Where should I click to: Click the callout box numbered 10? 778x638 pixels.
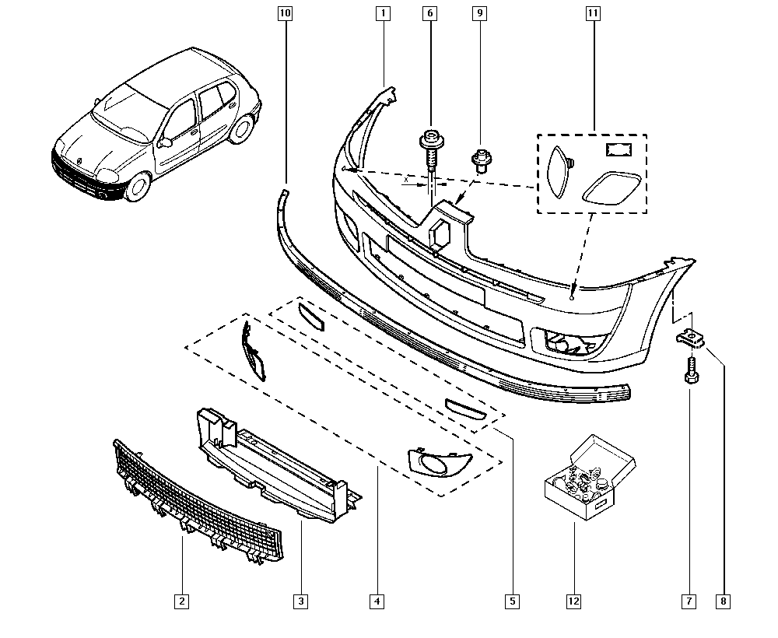(x=284, y=13)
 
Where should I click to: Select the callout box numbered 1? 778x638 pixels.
(x=383, y=13)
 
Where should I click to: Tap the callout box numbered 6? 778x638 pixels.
(x=430, y=13)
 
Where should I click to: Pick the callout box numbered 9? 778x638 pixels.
(x=479, y=13)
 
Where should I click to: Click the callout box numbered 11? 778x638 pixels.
(x=593, y=13)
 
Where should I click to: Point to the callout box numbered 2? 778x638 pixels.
(x=181, y=601)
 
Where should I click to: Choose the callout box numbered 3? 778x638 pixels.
(x=300, y=601)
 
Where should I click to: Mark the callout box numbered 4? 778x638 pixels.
(x=377, y=601)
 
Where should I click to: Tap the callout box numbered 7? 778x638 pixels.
(x=689, y=601)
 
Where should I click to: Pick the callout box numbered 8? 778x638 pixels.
(x=725, y=601)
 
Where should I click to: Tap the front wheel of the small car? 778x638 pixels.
(x=139, y=185)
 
